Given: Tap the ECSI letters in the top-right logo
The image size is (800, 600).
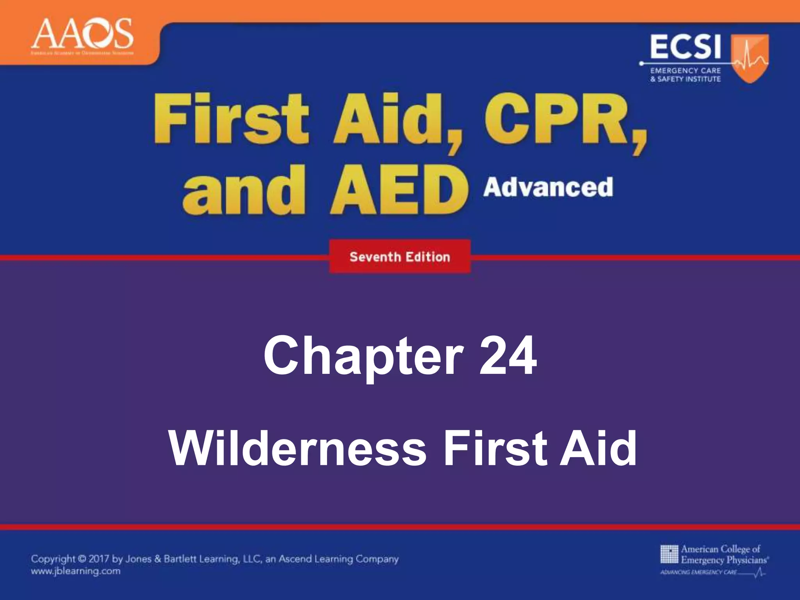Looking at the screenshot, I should tap(685, 47).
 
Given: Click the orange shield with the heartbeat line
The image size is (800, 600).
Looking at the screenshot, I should tap(749, 58).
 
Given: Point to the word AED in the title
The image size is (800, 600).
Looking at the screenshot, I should tap(399, 190).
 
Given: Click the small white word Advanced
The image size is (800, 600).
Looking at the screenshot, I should tap(548, 187).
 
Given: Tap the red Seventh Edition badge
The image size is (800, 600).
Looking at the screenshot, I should tap(400, 257).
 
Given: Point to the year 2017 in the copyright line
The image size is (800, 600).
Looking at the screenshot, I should tap(99, 559).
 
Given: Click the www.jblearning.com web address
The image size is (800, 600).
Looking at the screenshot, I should tap(76, 571).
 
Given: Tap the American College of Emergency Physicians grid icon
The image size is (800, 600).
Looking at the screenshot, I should tap(669, 554).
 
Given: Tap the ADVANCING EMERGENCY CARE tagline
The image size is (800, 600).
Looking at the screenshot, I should tap(698, 573).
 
